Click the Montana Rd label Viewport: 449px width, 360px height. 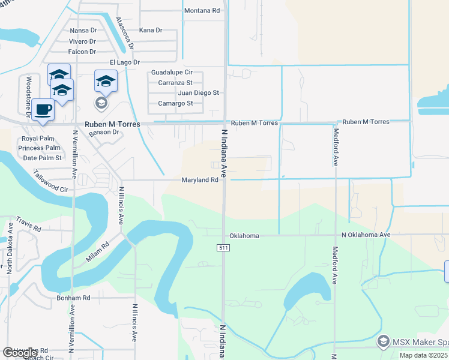coord(202,11)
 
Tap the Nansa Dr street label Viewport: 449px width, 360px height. coord(83,31)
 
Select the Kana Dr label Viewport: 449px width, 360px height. coord(151,30)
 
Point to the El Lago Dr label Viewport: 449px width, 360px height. coord(124,62)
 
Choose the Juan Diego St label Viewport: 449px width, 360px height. coord(198,93)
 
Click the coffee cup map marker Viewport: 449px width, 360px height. coord(43,110)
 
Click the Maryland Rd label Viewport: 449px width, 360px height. coord(200,180)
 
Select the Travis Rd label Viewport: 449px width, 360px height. coord(28,224)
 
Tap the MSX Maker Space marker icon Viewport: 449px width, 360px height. coord(382,341)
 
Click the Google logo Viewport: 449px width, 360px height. coord(20,353)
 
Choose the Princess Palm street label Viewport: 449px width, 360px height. coord(39,148)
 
